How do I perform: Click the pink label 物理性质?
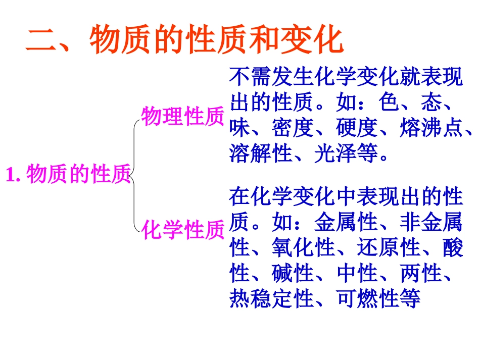click(x=182, y=116)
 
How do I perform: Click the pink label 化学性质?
click(x=183, y=230)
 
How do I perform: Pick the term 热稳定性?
click(x=271, y=299)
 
